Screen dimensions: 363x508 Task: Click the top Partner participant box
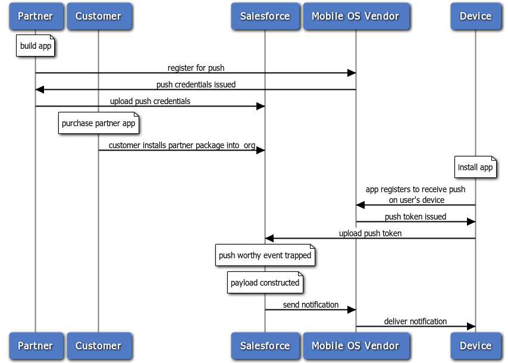(35, 16)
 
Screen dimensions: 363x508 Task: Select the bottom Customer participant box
(98, 346)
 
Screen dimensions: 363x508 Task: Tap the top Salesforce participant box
(265, 16)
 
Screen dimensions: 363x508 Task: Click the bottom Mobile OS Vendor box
(356, 346)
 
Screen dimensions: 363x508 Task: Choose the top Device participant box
(475, 16)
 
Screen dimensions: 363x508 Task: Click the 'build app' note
(36, 46)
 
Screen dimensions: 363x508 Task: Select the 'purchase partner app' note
(99, 124)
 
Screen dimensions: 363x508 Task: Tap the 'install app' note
(475, 168)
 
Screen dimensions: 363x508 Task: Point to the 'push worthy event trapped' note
(265, 256)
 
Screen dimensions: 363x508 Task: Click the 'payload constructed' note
(265, 283)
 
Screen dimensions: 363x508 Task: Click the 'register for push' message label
(196, 68)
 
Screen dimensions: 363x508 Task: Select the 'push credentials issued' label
(196, 85)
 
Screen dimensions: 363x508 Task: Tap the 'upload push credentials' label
(150, 101)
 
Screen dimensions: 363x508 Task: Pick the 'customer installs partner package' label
(181, 145)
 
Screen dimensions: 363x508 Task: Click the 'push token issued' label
(415, 217)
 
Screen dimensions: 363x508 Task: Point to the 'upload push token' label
(370, 233)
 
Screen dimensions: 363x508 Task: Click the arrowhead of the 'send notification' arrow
(352, 309)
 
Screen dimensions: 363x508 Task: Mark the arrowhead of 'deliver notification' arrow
(471, 326)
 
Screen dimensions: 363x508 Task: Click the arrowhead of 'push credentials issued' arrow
(39, 89)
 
